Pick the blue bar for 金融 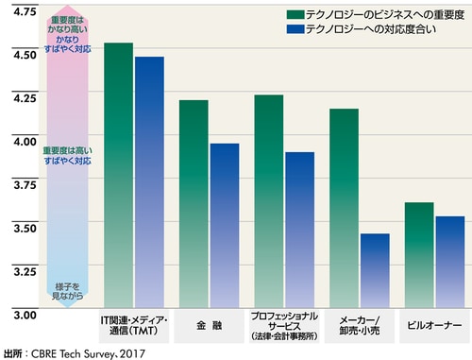coord(225,226)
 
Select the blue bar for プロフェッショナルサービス coord(300,231)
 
